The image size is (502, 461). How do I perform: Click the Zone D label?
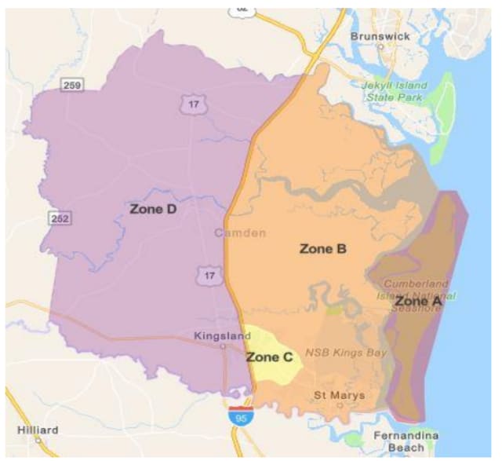[152, 209]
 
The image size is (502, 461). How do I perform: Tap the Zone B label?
[322, 249]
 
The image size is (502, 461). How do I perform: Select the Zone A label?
[417, 301]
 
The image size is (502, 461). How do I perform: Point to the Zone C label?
[269, 357]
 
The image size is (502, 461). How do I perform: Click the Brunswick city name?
[380, 36]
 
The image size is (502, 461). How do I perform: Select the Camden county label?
[239, 233]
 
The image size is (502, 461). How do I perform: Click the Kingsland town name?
[223, 335]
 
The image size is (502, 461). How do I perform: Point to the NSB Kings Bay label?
[346, 353]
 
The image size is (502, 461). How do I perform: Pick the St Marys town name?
[340, 394]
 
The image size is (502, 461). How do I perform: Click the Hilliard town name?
[38, 430]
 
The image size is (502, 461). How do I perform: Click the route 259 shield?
[71, 83]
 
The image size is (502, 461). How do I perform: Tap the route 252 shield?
[59, 218]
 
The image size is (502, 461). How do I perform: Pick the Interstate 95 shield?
[241, 417]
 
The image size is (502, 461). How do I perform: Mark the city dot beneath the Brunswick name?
[380, 46]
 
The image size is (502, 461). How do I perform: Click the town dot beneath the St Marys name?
[340, 405]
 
